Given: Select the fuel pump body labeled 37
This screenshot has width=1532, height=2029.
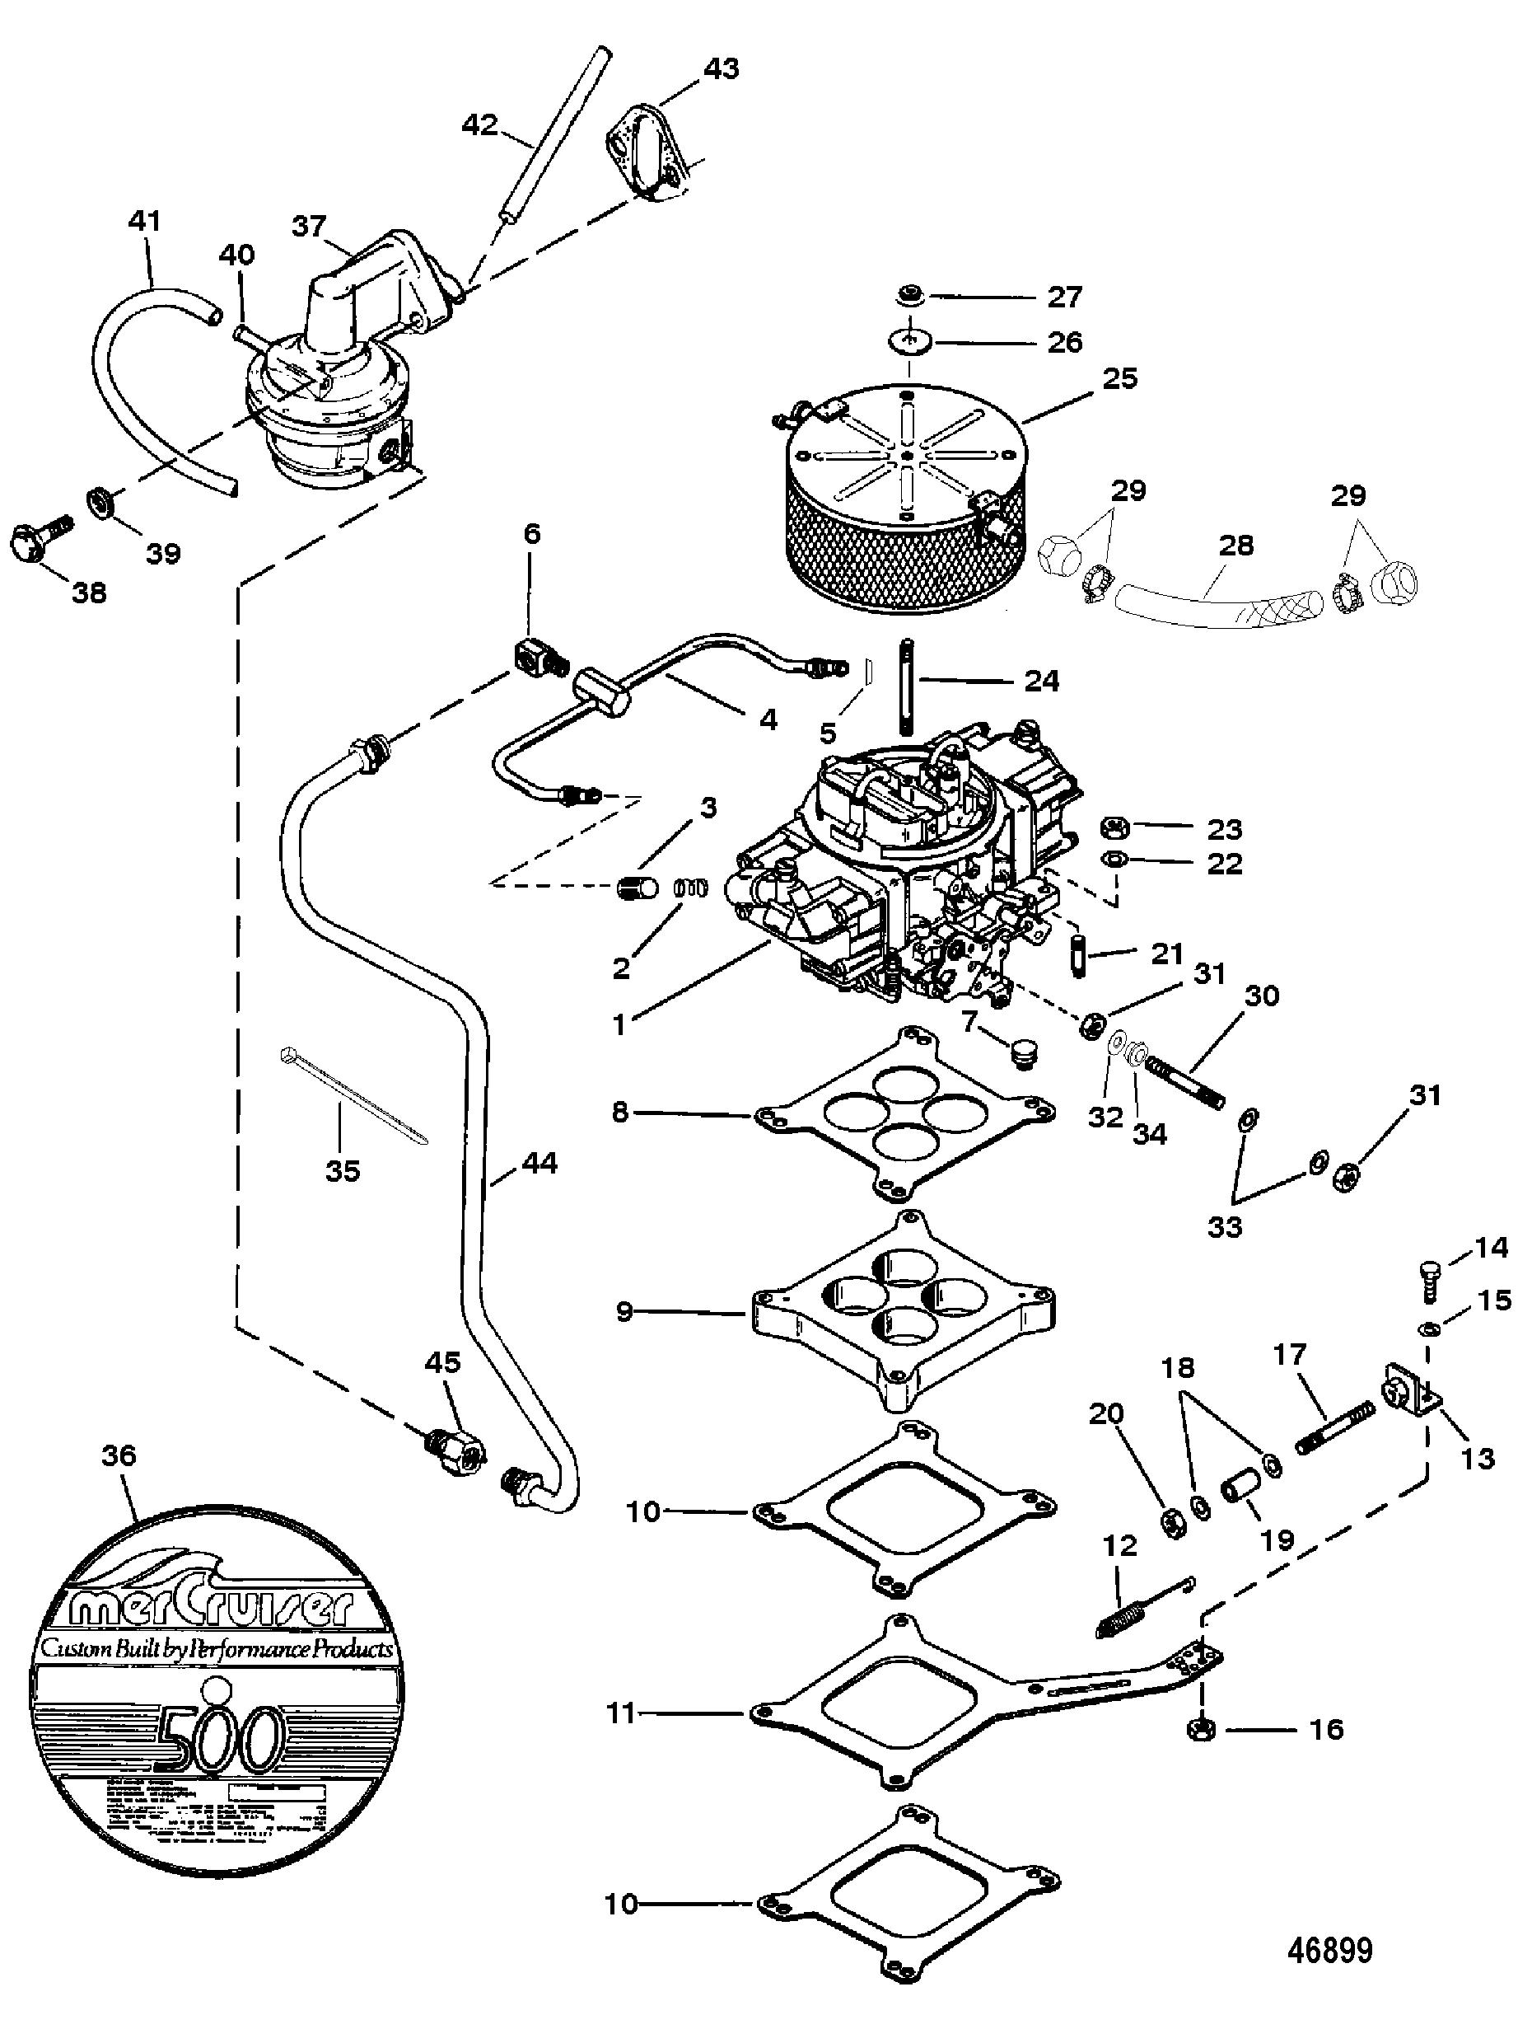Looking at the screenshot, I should tap(330, 385).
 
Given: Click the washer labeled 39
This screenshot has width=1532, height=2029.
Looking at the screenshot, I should tap(98, 502).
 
